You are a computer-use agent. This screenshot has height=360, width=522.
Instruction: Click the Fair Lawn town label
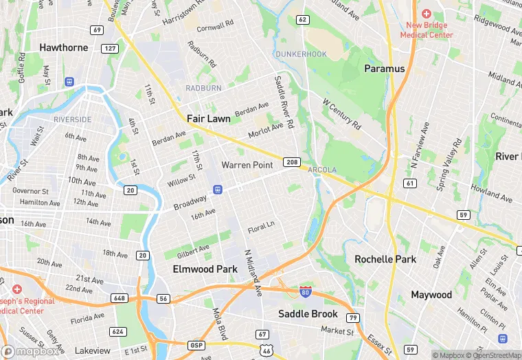coord(209,119)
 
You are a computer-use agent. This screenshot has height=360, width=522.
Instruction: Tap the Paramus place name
coord(385,69)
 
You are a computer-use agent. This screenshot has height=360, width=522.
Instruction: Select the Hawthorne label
coord(64,47)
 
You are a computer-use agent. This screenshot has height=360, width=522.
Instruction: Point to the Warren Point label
coord(247,166)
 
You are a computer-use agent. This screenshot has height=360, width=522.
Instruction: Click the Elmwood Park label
coord(205,269)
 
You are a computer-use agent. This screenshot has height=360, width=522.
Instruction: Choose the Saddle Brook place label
coord(308,314)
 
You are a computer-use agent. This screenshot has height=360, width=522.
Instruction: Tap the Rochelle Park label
coord(385,259)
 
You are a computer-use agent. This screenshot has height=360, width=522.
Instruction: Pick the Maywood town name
coord(431,295)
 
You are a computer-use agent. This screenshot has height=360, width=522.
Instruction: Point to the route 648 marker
coord(120,299)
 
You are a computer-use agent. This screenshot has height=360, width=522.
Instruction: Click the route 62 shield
coord(302,19)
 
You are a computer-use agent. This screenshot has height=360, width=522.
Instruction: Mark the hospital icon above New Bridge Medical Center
coord(427,13)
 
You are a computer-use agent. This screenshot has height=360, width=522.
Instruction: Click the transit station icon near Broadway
coord(218,190)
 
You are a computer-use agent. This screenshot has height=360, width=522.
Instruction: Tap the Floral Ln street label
coord(261,226)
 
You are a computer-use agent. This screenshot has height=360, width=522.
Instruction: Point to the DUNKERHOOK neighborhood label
coord(301,54)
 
